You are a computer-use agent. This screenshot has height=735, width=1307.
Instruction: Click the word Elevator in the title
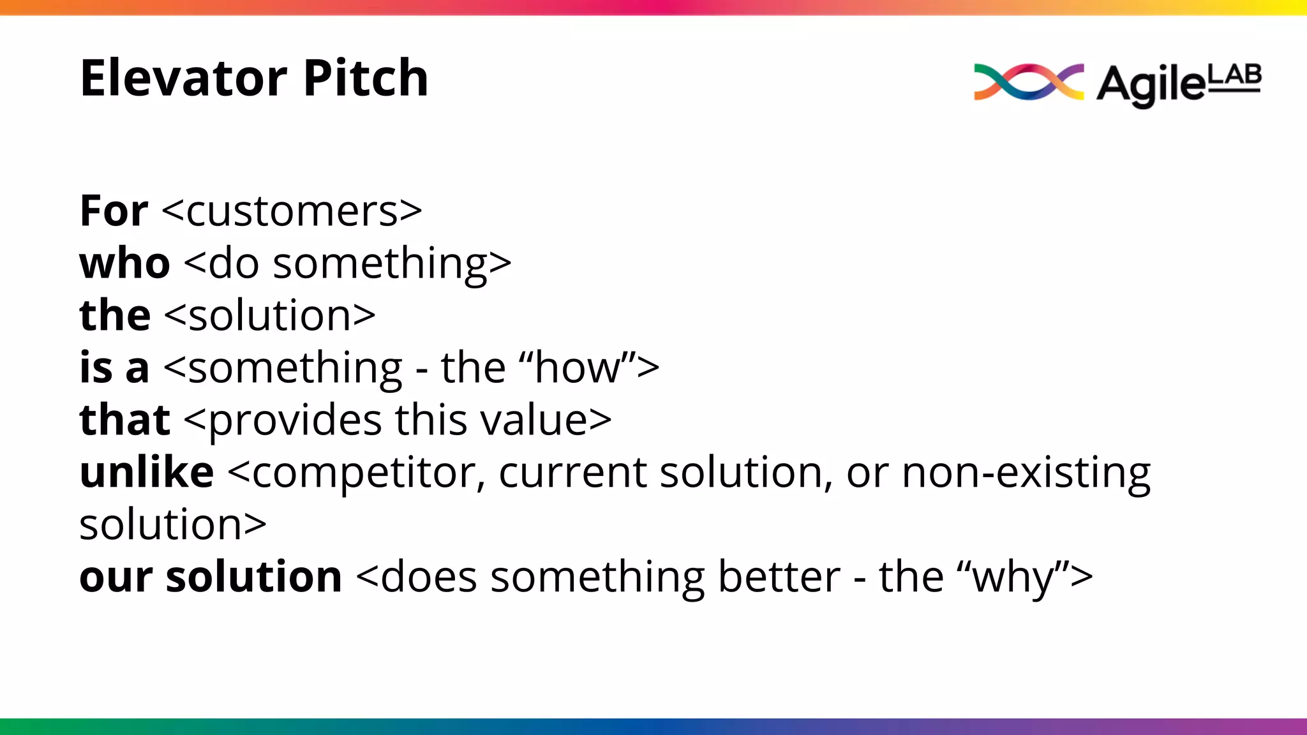(184, 78)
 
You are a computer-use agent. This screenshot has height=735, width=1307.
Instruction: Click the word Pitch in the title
(366, 78)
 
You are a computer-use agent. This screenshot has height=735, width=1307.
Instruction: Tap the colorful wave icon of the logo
(1028, 82)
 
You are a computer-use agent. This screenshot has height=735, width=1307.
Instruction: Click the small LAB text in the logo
(1235, 76)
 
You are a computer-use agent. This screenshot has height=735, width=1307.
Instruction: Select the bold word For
(114, 211)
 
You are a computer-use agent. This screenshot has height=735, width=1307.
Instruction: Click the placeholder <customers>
(292, 212)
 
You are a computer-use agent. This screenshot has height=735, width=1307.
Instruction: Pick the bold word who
(124, 263)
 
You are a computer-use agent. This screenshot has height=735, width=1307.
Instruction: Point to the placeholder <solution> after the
(270, 315)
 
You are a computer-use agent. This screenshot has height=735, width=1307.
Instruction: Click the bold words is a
(114, 367)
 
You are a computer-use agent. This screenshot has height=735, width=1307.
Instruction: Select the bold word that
(124, 420)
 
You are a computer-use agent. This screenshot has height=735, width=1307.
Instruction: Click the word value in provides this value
(534, 420)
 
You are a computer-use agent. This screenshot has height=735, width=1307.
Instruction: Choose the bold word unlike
(147, 472)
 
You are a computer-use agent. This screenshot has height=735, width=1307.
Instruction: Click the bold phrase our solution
(211, 577)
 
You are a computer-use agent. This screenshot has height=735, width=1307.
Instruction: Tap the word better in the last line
(779, 577)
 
